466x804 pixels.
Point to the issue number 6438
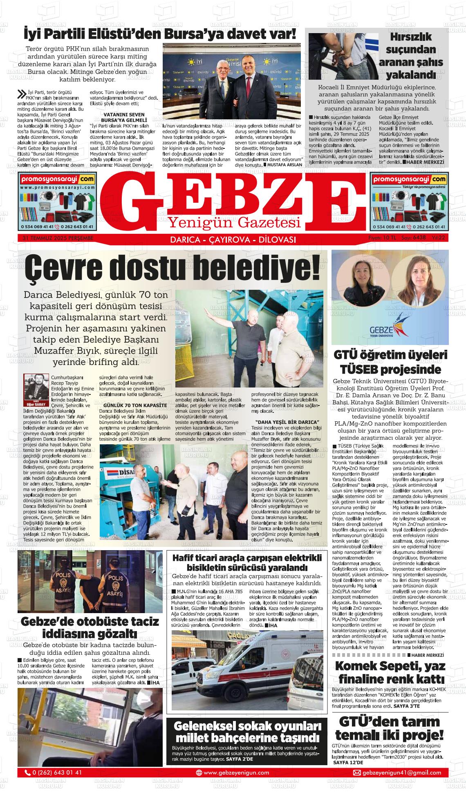coord(419,237)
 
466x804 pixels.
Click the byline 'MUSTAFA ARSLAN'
coord(285,164)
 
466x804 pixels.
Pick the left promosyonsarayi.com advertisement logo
coord(57,179)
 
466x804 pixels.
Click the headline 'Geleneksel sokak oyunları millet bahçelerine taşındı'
coord(247,732)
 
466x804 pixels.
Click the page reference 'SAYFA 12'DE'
coord(348,763)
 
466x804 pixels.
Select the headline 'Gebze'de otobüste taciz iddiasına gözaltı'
coord(90,627)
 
